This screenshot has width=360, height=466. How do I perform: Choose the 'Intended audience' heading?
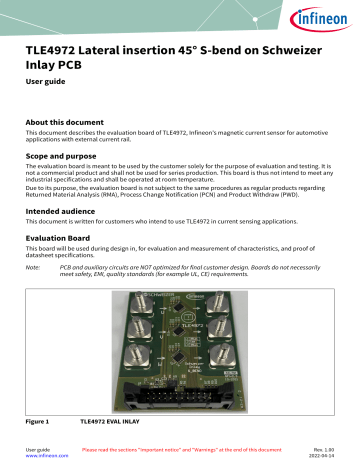69,211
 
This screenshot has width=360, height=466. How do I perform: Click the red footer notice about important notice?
181,451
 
